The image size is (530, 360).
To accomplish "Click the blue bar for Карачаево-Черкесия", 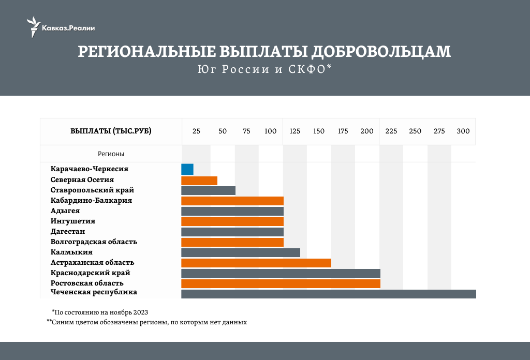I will pos(187,169).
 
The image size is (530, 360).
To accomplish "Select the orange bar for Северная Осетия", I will pos(199,181).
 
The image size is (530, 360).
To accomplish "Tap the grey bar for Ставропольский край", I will pos(208,190).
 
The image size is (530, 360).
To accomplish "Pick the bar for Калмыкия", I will pos(241,252).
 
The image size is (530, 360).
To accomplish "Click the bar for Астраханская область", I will pos(256,263).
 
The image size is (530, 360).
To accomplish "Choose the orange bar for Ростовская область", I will pos(281,283).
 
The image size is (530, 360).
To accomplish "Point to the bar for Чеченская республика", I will pos(328,294).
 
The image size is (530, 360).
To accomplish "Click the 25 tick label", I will pos(196,131).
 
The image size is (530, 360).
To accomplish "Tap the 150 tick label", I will pos(319,131).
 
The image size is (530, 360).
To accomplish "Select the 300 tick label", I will pos(463,131).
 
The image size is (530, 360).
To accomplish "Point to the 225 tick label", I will pos(391,131).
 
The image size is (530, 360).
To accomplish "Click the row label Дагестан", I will pos(68,231).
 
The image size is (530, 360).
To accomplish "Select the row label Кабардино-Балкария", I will pos(91,200).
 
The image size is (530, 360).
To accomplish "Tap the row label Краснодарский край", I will pos(90,273).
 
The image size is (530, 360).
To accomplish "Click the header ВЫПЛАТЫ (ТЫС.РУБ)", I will pos(111,131).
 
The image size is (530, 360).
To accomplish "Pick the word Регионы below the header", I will pos(111,154).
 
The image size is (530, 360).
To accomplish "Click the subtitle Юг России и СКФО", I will pos(264,70).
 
